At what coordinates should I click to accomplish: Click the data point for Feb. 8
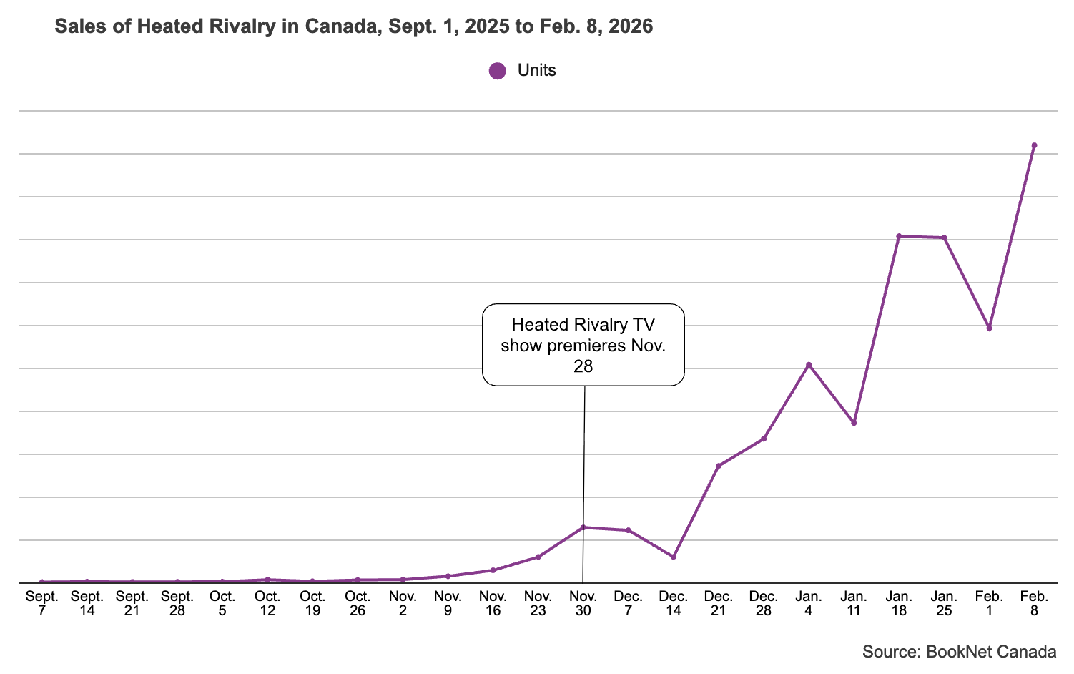click(x=1034, y=145)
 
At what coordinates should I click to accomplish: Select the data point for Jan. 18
click(x=899, y=236)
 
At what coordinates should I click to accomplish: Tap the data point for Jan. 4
click(x=809, y=365)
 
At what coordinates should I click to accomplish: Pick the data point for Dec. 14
click(x=674, y=557)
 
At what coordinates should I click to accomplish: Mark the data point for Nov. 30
click(x=583, y=527)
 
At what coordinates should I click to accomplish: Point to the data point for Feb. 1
click(x=989, y=328)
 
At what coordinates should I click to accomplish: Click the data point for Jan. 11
click(x=854, y=423)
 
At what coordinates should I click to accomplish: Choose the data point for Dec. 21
click(x=719, y=466)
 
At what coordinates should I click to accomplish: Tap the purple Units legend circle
click(x=497, y=71)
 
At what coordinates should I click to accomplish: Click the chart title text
click(x=353, y=27)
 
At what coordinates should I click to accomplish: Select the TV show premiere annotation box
click(x=583, y=345)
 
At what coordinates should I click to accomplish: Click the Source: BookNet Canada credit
click(x=959, y=652)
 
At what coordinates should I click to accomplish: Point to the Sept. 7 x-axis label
click(x=42, y=603)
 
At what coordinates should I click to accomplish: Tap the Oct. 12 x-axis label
click(x=267, y=603)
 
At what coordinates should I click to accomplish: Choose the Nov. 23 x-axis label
click(x=538, y=603)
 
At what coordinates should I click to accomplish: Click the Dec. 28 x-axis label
click(x=764, y=603)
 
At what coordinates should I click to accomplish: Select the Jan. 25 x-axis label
click(x=944, y=603)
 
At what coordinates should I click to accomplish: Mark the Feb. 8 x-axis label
click(x=1034, y=603)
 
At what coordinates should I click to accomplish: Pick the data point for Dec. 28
click(x=764, y=439)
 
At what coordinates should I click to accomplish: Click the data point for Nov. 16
click(x=493, y=570)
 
